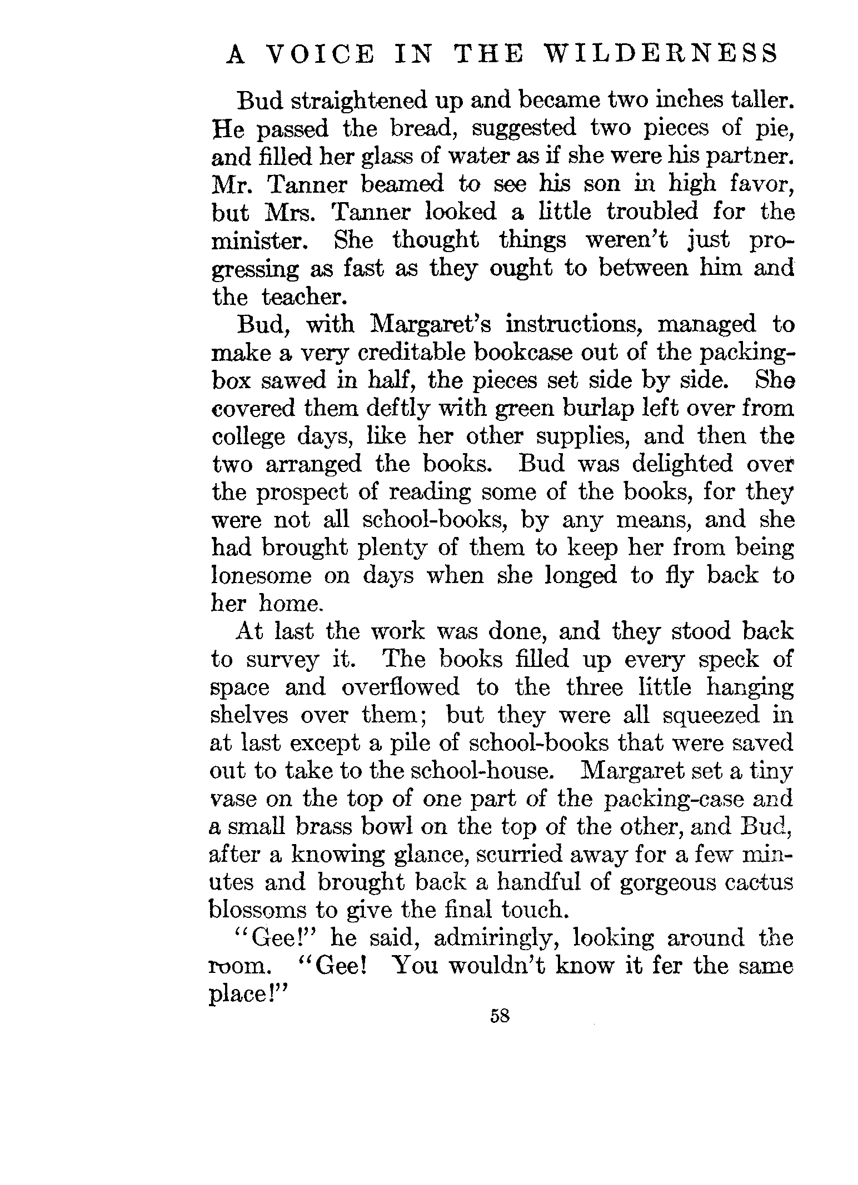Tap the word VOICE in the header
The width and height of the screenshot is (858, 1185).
[x=319, y=54]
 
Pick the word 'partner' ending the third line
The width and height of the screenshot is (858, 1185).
[x=744, y=157]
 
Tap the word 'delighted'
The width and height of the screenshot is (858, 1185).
[x=676, y=464]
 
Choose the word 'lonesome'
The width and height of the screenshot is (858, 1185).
[x=261, y=575]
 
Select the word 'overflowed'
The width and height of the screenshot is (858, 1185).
[x=400, y=687]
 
